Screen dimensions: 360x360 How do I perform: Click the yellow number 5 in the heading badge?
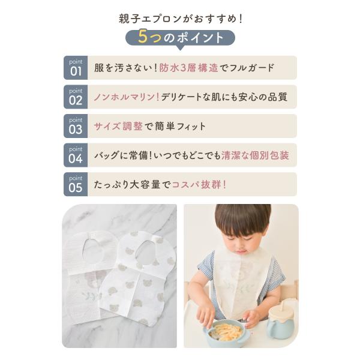point(142,37)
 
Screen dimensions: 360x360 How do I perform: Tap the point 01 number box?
point(76,68)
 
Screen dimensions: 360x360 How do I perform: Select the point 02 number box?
point(76,97)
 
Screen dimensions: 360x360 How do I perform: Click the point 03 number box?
point(76,126)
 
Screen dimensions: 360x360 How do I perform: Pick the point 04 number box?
point(76,155)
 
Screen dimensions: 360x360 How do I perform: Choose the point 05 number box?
point(76,184)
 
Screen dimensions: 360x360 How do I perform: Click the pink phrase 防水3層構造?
point(188,68)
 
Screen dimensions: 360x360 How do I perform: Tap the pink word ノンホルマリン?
point(124,97)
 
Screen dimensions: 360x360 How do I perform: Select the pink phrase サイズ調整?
point(118,126)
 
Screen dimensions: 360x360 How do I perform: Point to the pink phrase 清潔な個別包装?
point(255,155)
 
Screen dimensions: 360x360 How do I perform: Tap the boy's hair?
point(243,220)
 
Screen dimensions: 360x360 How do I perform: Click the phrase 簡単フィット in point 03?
point(181,126)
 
